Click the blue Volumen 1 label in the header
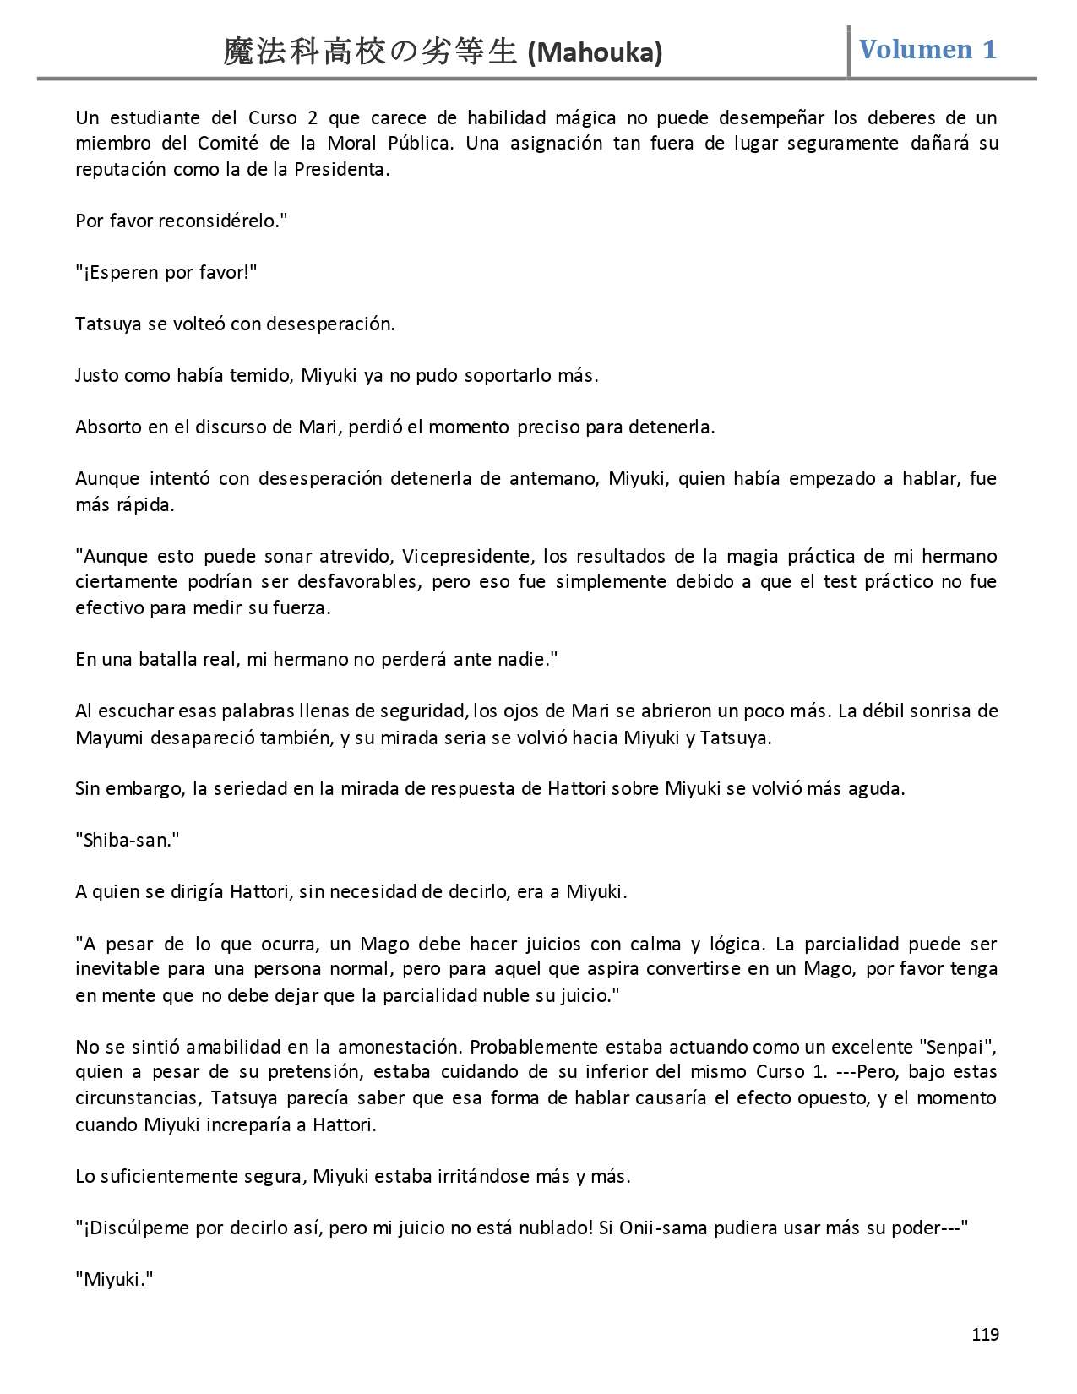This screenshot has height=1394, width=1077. coord(927,50)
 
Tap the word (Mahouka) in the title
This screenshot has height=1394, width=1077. coord(595,53)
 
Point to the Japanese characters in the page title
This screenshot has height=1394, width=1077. coord(369,52)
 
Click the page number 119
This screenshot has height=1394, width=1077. coord(985,1335)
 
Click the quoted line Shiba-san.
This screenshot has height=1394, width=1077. coord(127,840)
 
